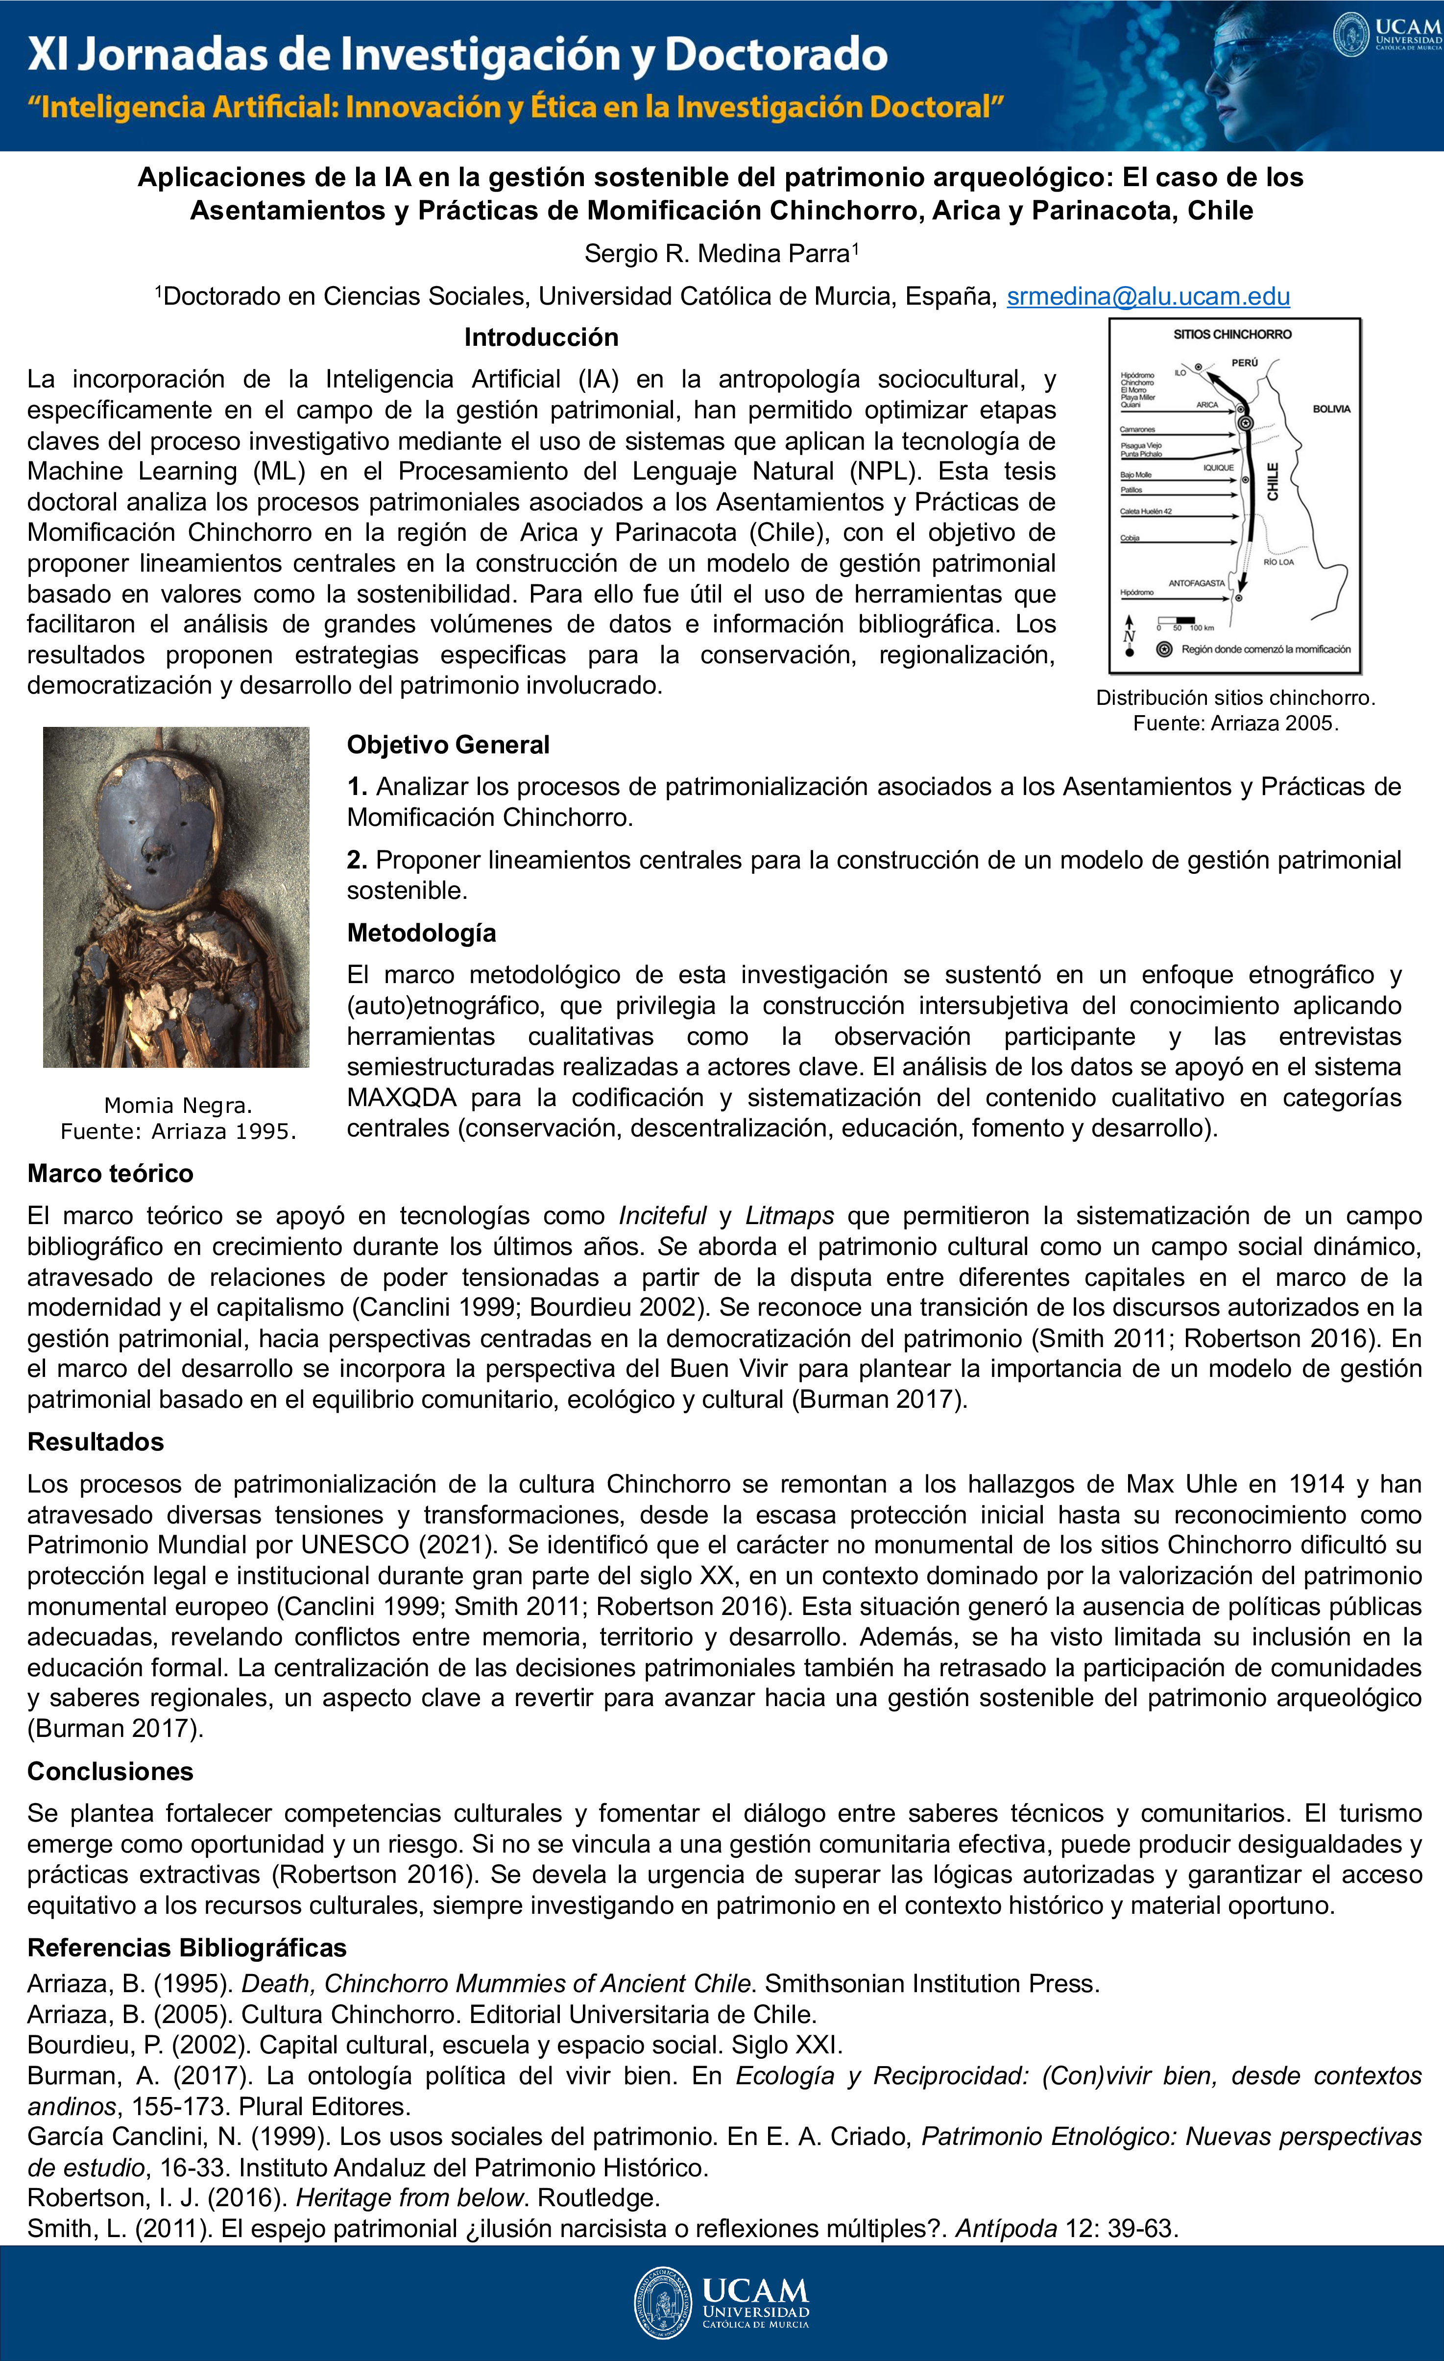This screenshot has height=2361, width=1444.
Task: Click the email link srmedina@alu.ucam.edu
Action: [1148, 297]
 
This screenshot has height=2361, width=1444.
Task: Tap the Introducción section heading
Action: [541, 337]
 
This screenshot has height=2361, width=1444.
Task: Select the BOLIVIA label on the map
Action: [1331, 409]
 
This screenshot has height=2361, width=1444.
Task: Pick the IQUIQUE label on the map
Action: [1218, 468]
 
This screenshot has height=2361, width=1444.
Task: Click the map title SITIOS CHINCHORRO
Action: [1232, 335]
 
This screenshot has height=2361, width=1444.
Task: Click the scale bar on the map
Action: [1177, 621]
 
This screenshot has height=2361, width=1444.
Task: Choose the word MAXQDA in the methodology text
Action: [402, 1097]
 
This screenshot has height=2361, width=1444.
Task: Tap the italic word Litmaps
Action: [790, 1216]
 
